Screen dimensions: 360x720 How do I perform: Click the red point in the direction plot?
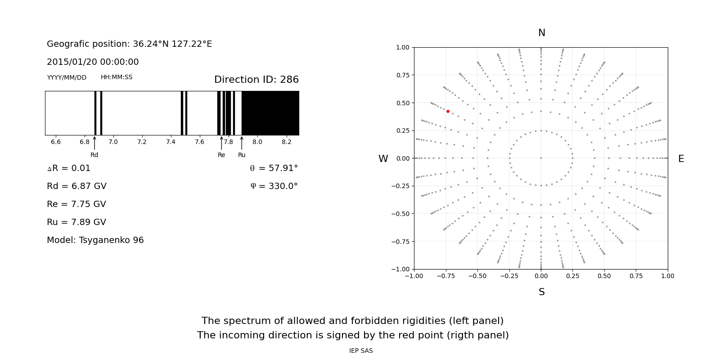(x=448, y=111)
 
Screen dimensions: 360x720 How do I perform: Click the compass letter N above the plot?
(x=542, y=33)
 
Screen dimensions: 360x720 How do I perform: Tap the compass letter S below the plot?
(x=542, y=292)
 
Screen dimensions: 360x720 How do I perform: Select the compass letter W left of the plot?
(x=383, y=159)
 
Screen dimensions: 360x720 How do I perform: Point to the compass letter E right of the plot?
(x=681, y=159)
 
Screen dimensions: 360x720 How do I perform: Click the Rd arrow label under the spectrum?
(x=94, y=155)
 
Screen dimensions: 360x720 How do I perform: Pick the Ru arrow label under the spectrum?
(x=242, y=155)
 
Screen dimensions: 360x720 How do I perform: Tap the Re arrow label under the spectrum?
(x=221, y=155)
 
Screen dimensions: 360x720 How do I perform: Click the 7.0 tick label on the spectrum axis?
(x=113, y=142)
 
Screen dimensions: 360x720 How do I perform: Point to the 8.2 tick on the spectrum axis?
(x=286, y=142)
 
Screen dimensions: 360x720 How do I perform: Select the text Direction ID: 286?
(x=256, y=80)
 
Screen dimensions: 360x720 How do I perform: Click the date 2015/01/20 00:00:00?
(x=93, y=62)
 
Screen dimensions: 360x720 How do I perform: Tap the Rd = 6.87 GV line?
(x=76, y=186)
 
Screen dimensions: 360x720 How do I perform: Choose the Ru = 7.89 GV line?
(x=76, y=222)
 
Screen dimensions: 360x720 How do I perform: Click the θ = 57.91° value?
(x=274, y=168)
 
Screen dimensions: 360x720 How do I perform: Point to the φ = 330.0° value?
(x=274, y=186)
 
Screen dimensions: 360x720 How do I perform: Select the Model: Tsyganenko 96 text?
(x=95, y=240)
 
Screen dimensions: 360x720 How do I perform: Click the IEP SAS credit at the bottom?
(x=361, y=351)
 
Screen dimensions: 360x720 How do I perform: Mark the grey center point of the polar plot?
(x=541, y=158)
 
